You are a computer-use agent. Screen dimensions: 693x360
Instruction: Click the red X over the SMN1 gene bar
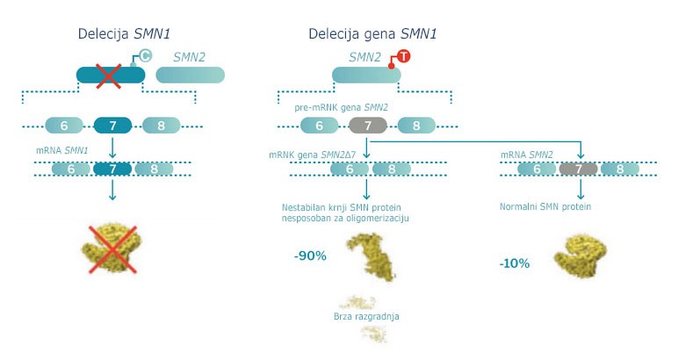pyautogui.click(x=108, y=76)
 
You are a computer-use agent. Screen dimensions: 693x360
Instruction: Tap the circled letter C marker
pyautogui.click(x=145, y=56)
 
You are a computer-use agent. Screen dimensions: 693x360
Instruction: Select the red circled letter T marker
pyautogui.click(x=403, y=56)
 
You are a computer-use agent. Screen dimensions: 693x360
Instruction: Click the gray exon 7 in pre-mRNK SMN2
pyautogui.click(x=368, y=126)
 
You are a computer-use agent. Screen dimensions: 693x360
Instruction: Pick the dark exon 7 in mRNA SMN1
pyautogui.click(x=112, y=169)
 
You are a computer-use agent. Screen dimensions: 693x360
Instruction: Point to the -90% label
pyautogui.click(x=310, y=256)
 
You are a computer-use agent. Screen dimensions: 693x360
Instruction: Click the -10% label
pyautogui.click(x=515, y=263)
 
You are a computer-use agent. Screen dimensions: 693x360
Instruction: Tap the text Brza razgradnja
pyautogui.click(x=366, y=316)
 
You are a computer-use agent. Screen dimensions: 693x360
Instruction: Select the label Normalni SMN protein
pyautogui.click(x=545, y=206)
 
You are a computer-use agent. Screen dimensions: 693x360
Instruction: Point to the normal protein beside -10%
pyautogui.click(x=581, y=256)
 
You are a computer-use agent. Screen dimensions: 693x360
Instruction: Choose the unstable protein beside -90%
pyautogui.click(x=372, y=256)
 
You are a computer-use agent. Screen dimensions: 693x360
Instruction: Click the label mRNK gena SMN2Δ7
pyautogui.click(x=313, y=155)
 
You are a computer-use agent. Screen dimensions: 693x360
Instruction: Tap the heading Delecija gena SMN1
pyautogui.click(x=372, y=34)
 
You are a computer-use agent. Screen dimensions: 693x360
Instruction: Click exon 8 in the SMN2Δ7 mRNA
pyautogui.click(x=392, y=169)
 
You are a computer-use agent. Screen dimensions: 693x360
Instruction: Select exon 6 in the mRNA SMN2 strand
pyautogui.click(x=537, y=169)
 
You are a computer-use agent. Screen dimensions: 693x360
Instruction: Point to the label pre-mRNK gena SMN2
pyautogui.click(x=341, y=107)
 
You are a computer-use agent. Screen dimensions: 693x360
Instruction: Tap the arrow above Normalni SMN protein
pyautogui.click(x=581, y=189)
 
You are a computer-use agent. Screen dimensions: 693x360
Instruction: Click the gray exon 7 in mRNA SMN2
pyautogui.click(x=579, y=169)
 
